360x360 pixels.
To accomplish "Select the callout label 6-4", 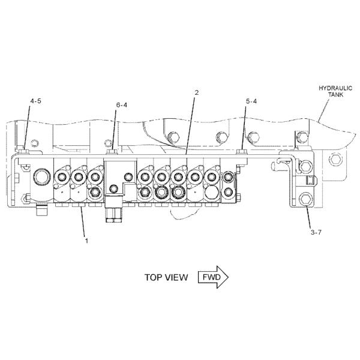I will pyautogui.click(x=122, y=105).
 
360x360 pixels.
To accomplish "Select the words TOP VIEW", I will pyautogui.click(x=166, y=278).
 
